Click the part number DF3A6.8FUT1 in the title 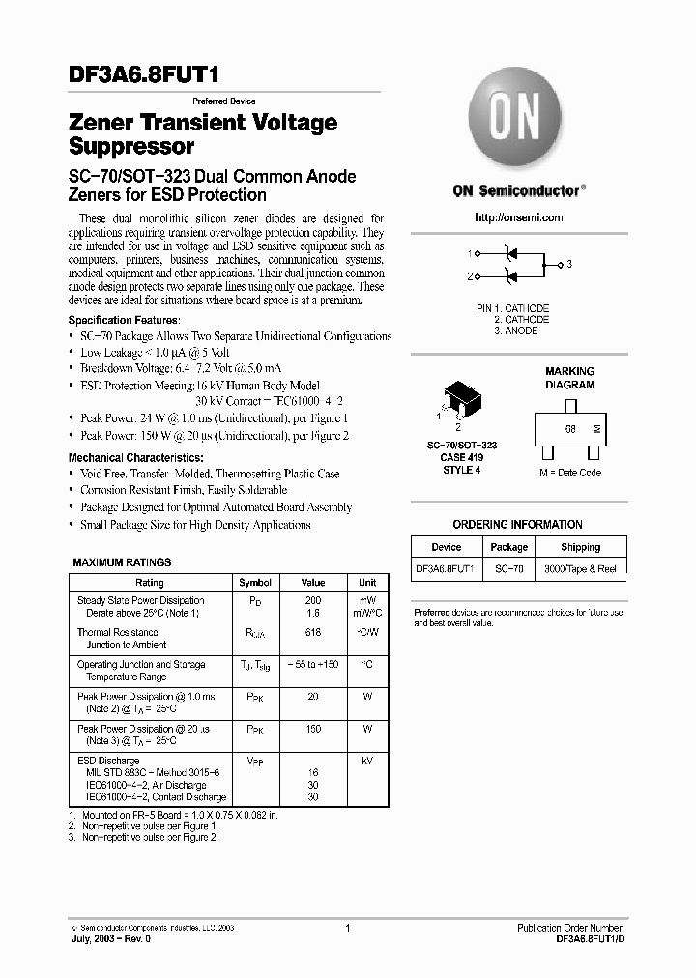click(150, 73)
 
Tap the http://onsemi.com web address click(519, 217)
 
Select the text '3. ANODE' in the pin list click(515, 331)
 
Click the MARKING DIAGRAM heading click(569, 378)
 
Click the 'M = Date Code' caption click(569, 473)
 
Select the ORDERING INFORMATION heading click(517, 525)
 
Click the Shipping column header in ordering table click(580, 547)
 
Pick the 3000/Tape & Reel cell click(580, 569)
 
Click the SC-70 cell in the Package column click(508, 569)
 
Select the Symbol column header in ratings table click(255, 583)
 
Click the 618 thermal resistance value click(312, 633)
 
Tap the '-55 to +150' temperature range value click(312, 665)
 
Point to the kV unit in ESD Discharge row click(367, 762)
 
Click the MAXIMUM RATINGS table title click(122, 562)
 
